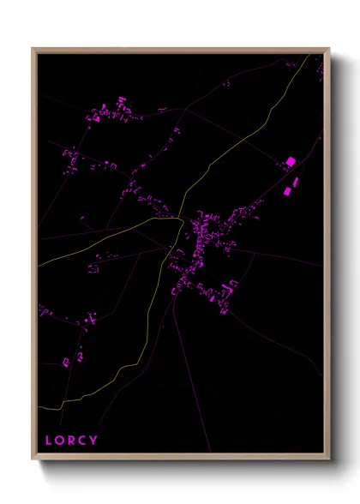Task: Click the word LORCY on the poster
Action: click(x=71, y=441)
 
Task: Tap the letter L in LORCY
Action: click(x=49, y=441)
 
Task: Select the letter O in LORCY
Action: click(x=60, y=441)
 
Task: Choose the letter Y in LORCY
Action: click(x=93, y=441)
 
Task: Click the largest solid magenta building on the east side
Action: click(x=291, y=161)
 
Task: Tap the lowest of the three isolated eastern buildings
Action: click(x=287, y=193)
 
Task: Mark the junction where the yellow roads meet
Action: click(x=180, y=220)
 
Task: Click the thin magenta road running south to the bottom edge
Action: click(x=192, y=386)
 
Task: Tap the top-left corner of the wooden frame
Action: click(x=33, y=49)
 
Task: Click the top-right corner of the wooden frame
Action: click(x=328, y=49)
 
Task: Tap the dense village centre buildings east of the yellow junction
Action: click(x=210, y=231)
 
